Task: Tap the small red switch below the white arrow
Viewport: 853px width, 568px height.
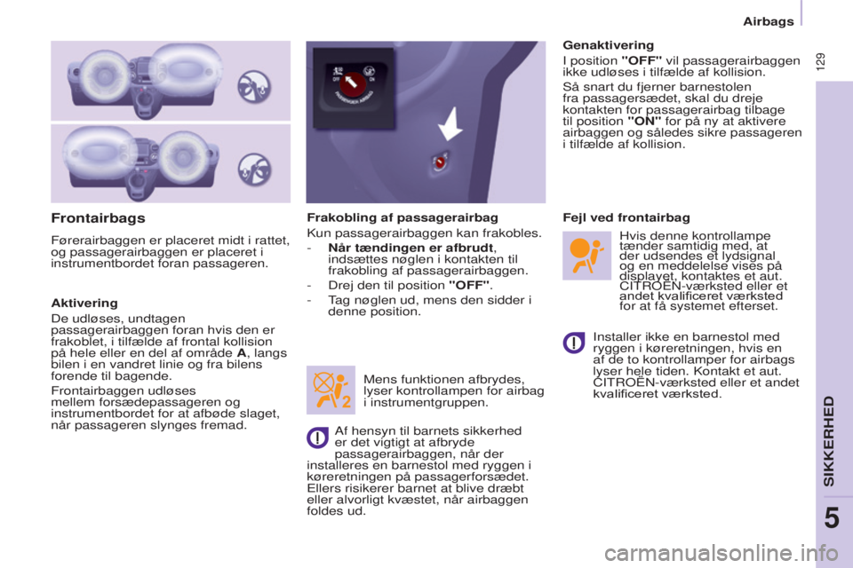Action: tap(440, 162)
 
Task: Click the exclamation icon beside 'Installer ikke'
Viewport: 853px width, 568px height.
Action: tap(574, 342)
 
